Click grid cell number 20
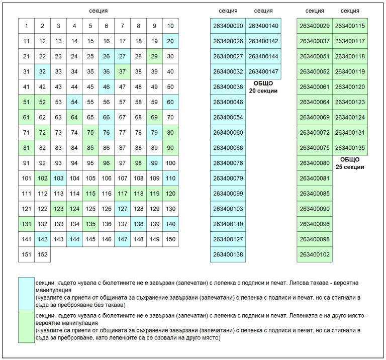[170, 41]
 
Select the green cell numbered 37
[122, 71]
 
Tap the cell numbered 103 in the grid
[58, 178]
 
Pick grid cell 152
[42, 254]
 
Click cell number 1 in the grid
[26, 26]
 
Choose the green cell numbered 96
[106, 163]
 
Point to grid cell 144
[74, 239]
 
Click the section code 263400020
[228, 26]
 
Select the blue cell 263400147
[263, 71]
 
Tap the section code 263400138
[228, 254]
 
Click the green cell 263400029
[315, 26]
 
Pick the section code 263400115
[350, 26]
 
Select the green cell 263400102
[315, 254]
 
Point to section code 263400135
[350, 148]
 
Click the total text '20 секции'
[263, 91]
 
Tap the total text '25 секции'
[350, 167]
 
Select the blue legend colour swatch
[26, 293]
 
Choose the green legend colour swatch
[26, 326]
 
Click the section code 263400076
[228, 163]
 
